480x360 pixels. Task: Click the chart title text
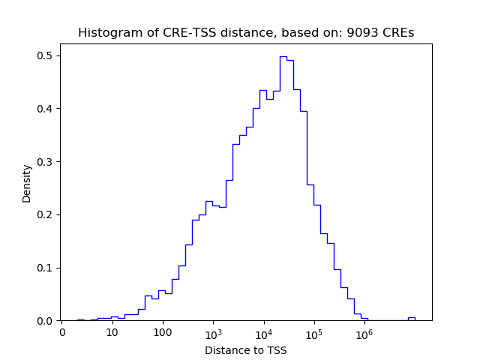point(246,33)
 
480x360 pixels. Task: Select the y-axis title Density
point(27,183)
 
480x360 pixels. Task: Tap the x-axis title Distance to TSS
point(246,350)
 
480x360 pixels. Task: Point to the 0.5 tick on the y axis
point(46,55)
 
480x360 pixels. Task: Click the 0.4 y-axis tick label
point(46,109)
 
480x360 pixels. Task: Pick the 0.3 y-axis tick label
point(46,162)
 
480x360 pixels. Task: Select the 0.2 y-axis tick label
point(46,214)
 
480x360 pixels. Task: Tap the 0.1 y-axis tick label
point(46,268)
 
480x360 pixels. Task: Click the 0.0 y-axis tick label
point(46,321)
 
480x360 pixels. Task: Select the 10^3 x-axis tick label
point(213,332)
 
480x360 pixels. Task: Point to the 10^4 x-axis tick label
point(263,332)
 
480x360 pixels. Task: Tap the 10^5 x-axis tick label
point(313,332)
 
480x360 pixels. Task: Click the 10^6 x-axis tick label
point(364,332)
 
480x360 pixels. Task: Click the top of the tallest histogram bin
point(283,56)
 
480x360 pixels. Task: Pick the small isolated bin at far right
point(411,318)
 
